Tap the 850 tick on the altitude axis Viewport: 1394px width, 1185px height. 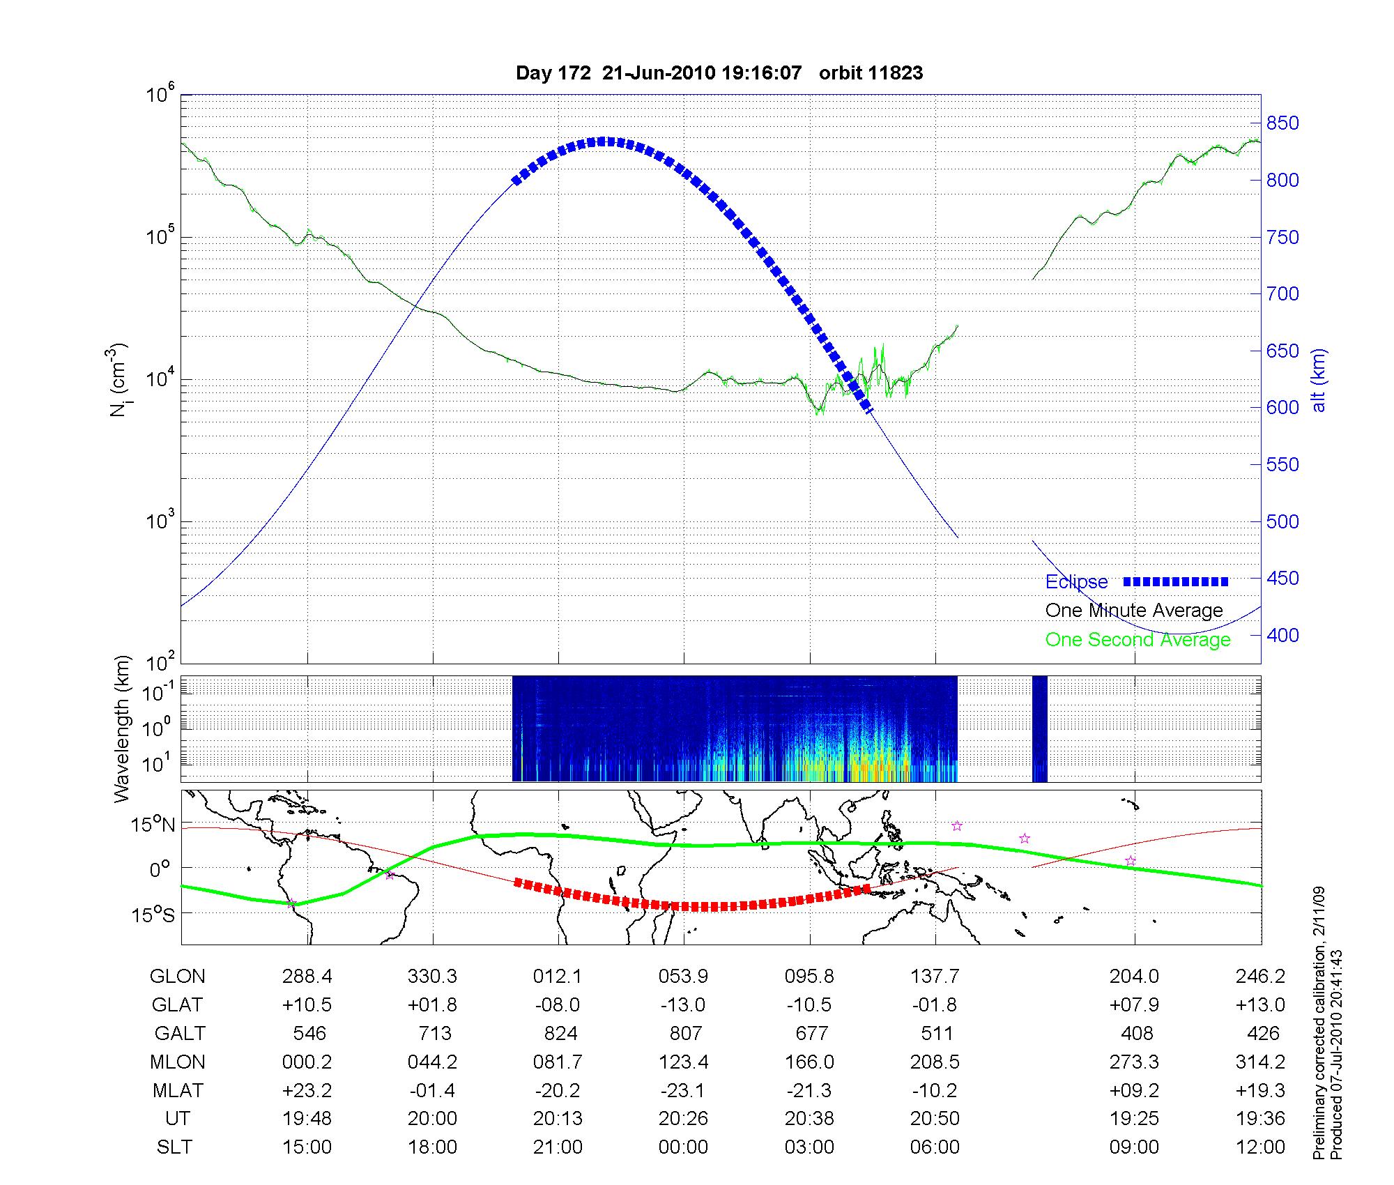pyautogui.click(x=1282, y=123)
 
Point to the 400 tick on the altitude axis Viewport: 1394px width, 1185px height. pyautogui.click(x=1282, y=635)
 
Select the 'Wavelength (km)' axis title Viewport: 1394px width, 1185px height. pyautogui.click(x=123, y=729)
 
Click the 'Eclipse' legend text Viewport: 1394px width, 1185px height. pyautogui.click(x=1076, y=582)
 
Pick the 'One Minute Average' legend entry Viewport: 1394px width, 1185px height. pyautogui.click(x=1134, y=611)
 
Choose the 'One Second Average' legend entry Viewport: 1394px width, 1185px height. pyautogui.click(x=1138, y=640)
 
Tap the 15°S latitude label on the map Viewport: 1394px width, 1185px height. pyautogui.click(x=153, y=914)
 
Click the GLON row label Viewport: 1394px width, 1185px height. pyautogui.click(x=177, y=977)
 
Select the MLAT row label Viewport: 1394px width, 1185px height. pyautogui.click(x=177, y=1090)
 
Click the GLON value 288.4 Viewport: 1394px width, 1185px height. pyautogui.click(x=307, y=977)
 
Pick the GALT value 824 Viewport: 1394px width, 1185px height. pyautogui.click(x=560, y=1033)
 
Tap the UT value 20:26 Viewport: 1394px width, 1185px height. pyautogui.click(x=683, y=1119)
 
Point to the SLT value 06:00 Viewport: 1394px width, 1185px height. pyautogui.click(x=935, y=1147)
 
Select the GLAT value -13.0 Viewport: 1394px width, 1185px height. pyautogui.click(x=683, y=1005)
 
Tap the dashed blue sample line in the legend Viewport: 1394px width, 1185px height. pyautogui.click(x=1176, y=582)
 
